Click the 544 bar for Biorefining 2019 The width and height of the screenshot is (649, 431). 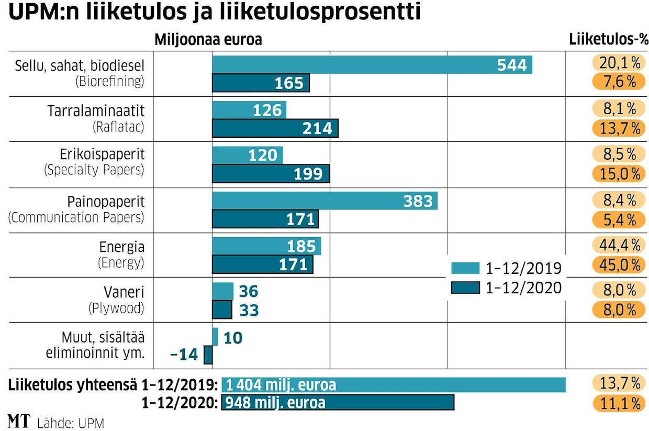(372, 65)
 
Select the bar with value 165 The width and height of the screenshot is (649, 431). (261, 83)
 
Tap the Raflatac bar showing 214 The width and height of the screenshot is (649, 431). (275, 128)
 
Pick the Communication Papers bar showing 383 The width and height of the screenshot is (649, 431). (324, 201)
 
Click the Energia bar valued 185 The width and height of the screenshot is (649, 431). (266, 246)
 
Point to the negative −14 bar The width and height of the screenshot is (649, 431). (208, 355)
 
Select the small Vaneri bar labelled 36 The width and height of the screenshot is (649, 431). (222, 291)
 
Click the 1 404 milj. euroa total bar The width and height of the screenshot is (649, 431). (394, 385)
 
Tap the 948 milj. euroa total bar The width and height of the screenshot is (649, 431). (338, 403)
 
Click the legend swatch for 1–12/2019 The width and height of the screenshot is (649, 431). (465, 268)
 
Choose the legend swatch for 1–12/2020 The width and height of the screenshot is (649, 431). (465, 287)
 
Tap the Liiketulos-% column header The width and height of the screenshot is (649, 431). (608, 40)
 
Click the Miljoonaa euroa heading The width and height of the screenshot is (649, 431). (208, 40)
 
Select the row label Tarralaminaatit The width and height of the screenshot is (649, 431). (95, 111)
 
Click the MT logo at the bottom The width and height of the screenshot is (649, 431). (19, 421)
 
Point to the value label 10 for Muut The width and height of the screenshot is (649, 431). (233, 338)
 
